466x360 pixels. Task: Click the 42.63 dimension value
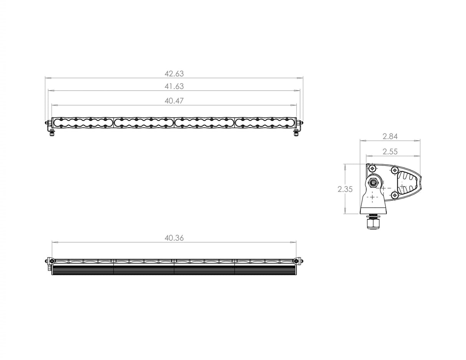point(174,74)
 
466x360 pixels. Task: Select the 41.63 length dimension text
point(174,86)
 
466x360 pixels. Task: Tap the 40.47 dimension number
point(174,101)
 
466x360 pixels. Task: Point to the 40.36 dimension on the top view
point(174,238)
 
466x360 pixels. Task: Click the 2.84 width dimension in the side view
point(390,136)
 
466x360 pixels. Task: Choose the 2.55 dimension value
point(390,152)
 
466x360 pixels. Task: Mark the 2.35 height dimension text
point(345,189)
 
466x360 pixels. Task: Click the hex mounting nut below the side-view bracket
point(372,223)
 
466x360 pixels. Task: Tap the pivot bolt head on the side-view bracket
point(373,182)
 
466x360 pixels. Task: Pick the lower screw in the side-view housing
point(394,195)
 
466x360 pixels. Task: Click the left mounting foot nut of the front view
point(51,133)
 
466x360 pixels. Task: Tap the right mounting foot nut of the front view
point(296,133)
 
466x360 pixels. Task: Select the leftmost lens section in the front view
point(83,122)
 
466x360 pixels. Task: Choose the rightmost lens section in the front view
point(265,122)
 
